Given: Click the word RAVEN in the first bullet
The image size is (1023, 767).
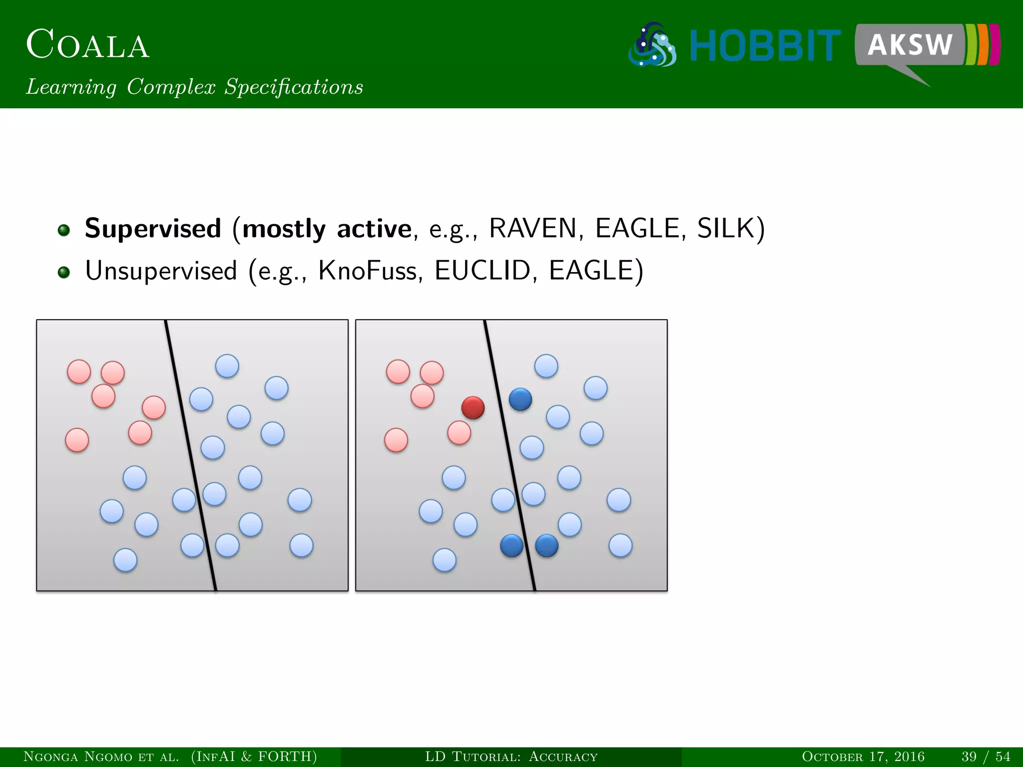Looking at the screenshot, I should point(532,229).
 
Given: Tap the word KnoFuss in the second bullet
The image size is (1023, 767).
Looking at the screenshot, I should point(367,271).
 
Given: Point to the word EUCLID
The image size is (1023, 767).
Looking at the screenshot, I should point(482,271).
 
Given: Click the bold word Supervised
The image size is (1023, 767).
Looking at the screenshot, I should point(153,229).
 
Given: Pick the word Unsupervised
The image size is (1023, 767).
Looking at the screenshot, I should point(161,271).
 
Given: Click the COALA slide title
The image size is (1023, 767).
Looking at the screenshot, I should point(87,45).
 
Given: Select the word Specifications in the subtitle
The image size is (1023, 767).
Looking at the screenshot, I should point(293,87).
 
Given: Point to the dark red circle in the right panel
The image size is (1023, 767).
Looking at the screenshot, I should point(473,407).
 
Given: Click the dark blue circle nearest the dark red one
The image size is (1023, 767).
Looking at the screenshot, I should point(520,399).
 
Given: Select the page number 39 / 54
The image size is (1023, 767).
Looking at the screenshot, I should point(986,757).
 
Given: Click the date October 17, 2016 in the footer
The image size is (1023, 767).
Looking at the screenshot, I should point(863,757).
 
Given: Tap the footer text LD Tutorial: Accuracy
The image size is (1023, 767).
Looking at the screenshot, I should point(511,757).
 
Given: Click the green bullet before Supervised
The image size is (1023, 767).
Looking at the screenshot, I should point(63,230).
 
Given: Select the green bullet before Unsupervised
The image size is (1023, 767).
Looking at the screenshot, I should point(63,273).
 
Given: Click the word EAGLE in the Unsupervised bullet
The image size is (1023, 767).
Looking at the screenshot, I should point(591,271).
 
